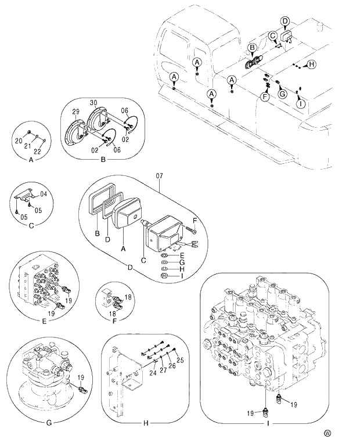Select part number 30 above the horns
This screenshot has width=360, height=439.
pyautogui.click(x=93, y=103)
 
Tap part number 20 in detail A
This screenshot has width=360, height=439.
pyautogui.click(x=18, y=141)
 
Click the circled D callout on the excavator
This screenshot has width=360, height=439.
pyautogui.click(x=285, y=21)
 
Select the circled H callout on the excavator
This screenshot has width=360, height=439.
pyautogui.click(x=311, y=64)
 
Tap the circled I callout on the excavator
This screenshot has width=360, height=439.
pyautogui.click(x=300, y=103)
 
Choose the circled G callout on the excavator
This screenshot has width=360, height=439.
pyautogui.click(x=282, y=93)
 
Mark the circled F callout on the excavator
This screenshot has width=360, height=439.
pyautogui.click(x=265, y=97)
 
